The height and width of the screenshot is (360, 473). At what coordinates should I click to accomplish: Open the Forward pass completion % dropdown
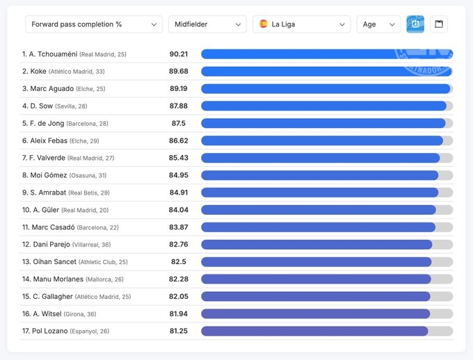[94, 24]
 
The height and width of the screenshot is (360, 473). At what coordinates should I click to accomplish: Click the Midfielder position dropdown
[207, 24]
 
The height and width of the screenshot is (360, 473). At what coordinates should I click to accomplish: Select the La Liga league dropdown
[301, 24]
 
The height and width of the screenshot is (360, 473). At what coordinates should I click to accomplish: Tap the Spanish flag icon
[264, 24]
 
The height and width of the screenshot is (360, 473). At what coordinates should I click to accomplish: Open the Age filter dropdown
[378, 24]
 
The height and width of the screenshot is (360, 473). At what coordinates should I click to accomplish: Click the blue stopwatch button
[415, 24]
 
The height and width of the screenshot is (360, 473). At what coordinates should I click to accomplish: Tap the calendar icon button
[439, 24]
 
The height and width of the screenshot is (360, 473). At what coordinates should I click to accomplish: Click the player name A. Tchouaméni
[52, 54]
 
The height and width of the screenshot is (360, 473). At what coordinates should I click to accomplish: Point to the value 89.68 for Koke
[179, 72]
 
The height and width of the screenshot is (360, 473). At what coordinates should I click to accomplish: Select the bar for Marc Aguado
[326, 89]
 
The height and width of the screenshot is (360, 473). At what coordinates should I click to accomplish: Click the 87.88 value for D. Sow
[179, 106]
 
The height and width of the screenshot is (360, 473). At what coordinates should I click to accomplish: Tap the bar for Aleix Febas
[322, 140]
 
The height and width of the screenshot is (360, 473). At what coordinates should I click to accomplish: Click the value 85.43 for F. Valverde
[179, 158]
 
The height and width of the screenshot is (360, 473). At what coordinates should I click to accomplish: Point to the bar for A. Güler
[319, 210]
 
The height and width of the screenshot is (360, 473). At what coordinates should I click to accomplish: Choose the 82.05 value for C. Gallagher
[179, 296]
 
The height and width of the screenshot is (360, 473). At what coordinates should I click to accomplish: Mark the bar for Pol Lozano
[315, 331]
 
